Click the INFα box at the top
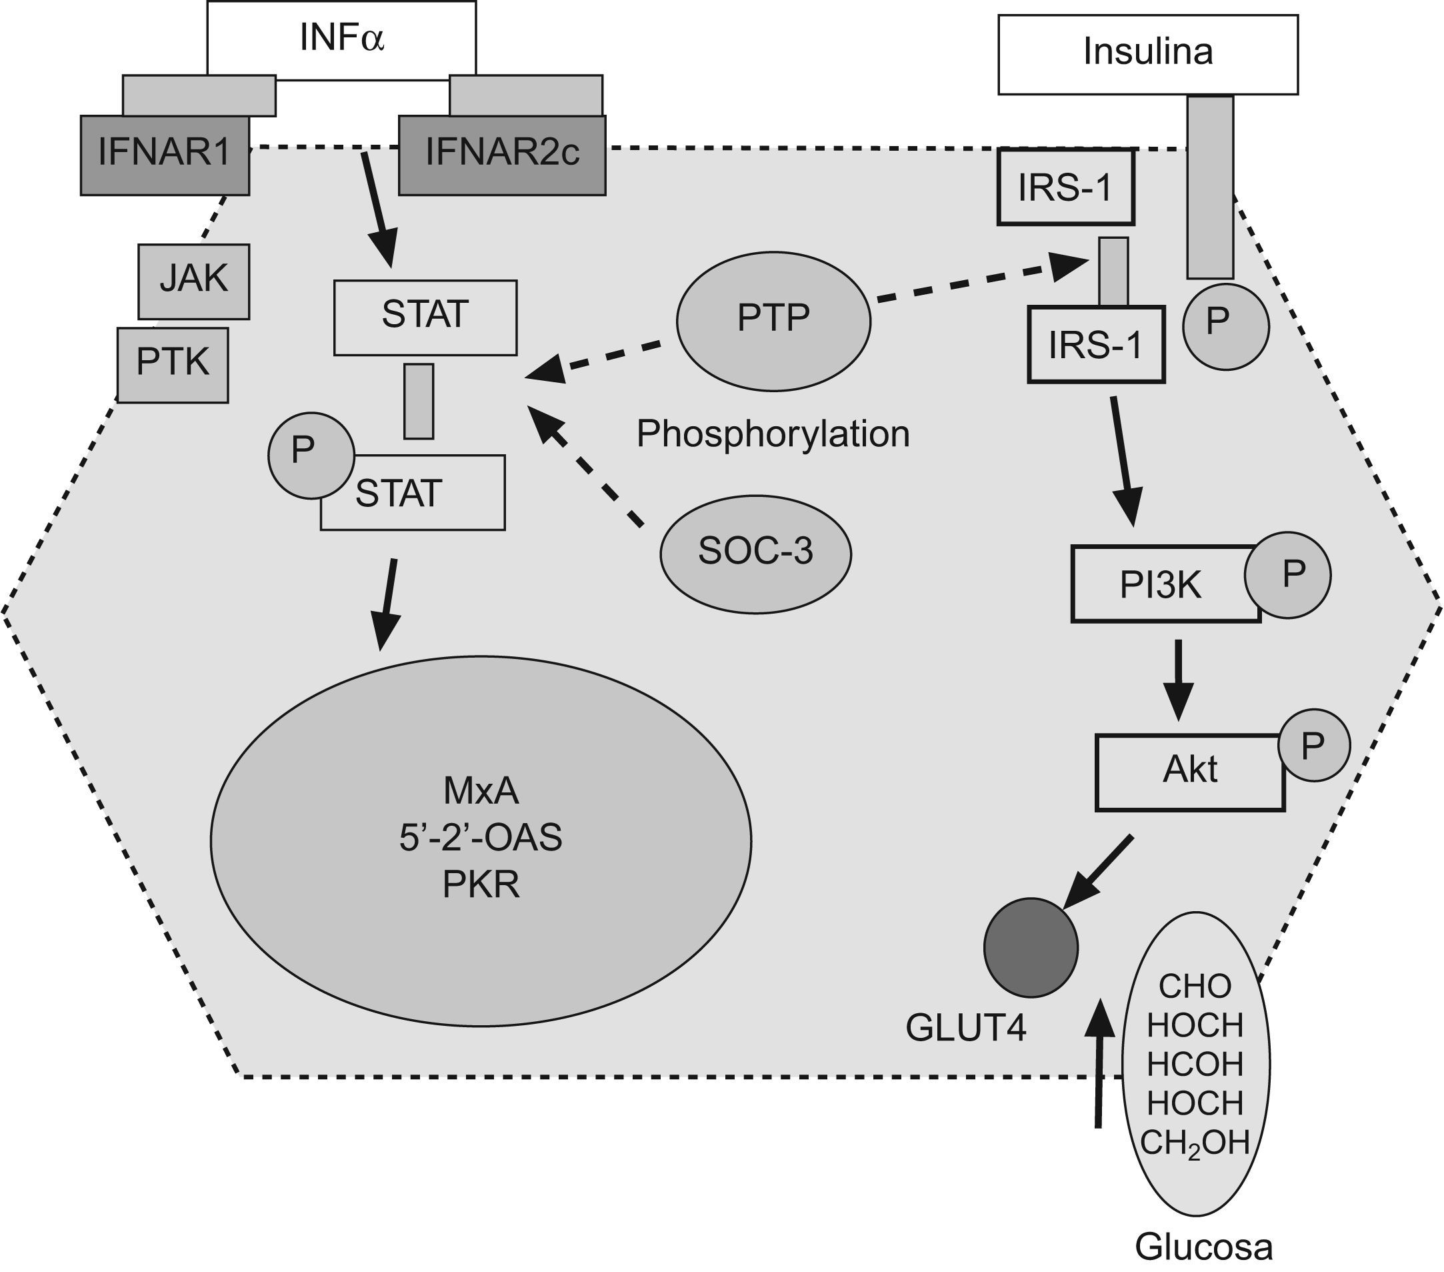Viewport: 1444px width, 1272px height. tap(341, 39)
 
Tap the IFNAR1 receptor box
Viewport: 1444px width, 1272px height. tap(165, 155)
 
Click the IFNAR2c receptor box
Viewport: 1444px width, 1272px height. tap(501, 155)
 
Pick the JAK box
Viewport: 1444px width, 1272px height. tap(193, 281)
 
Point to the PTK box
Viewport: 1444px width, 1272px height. tap(173, 365)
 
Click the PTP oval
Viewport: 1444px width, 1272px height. tap(773, 320)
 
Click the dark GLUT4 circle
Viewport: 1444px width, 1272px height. tap(1031, 948)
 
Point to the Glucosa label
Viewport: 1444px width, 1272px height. tap(1204, 1247)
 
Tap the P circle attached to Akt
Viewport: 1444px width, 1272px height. tap(1313, 746)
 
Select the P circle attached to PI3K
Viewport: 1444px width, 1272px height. tap(1287, 575)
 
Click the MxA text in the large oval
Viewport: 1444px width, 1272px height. tap(481, 792)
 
